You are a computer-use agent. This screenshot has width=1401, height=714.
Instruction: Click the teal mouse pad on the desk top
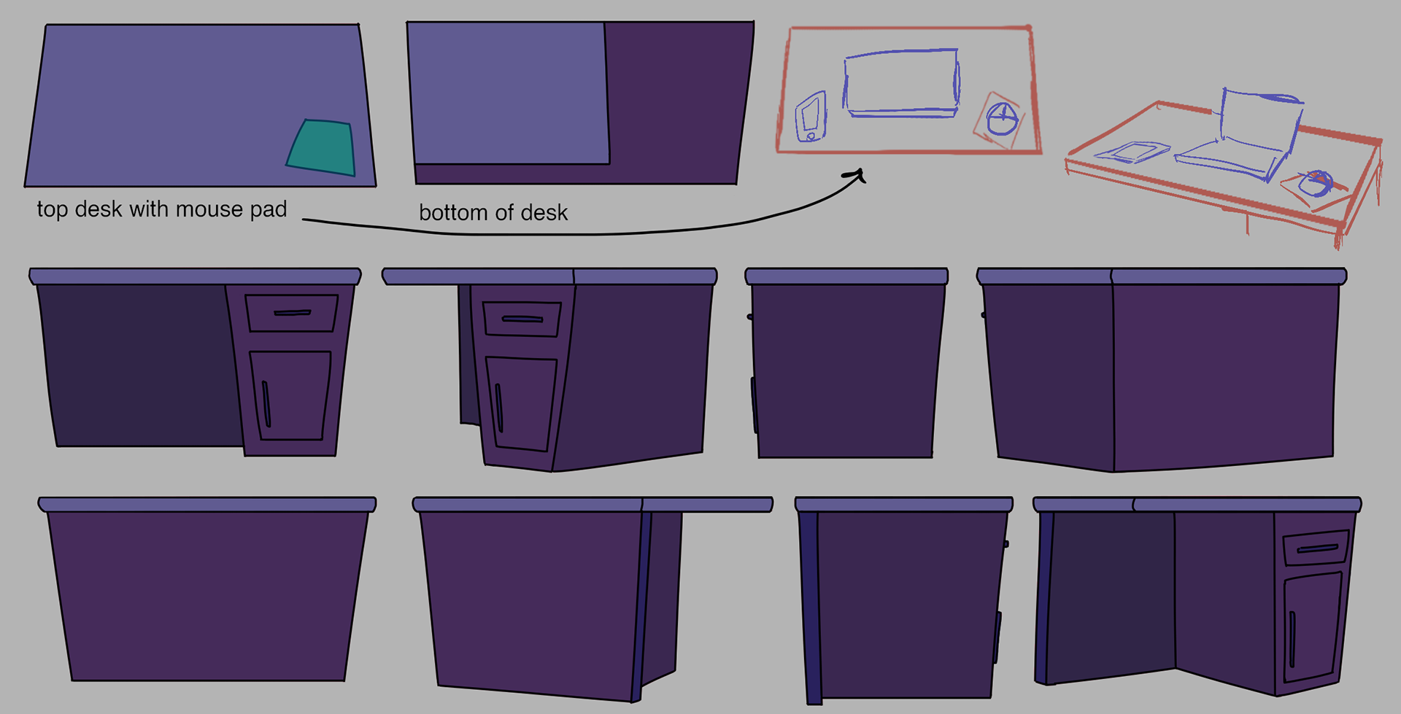pos(322,147)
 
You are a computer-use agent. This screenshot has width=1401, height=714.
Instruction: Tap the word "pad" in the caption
pos(269,210)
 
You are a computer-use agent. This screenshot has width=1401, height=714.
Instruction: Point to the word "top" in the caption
pos(53,210)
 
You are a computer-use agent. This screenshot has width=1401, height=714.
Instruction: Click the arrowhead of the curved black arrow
pos(855,175)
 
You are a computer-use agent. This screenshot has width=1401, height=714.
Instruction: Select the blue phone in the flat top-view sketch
pos(811,117)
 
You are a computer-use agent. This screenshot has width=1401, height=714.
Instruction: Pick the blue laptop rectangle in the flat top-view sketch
pos(901,82)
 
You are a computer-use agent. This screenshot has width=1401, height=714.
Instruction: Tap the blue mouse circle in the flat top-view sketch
pos(1001,119)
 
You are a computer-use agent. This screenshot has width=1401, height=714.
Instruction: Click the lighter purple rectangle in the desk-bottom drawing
pos(509,93)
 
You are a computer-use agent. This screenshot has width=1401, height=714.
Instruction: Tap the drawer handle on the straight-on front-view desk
pos(292,313)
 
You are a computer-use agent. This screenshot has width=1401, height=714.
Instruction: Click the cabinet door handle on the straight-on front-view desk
pos(266,403)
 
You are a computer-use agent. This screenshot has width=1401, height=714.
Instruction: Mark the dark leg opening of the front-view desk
pos(139,365)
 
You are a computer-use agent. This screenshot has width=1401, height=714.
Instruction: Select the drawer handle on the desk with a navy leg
pos(1316,548)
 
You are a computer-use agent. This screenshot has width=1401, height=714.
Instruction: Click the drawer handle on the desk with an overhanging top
pos(522,319)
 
